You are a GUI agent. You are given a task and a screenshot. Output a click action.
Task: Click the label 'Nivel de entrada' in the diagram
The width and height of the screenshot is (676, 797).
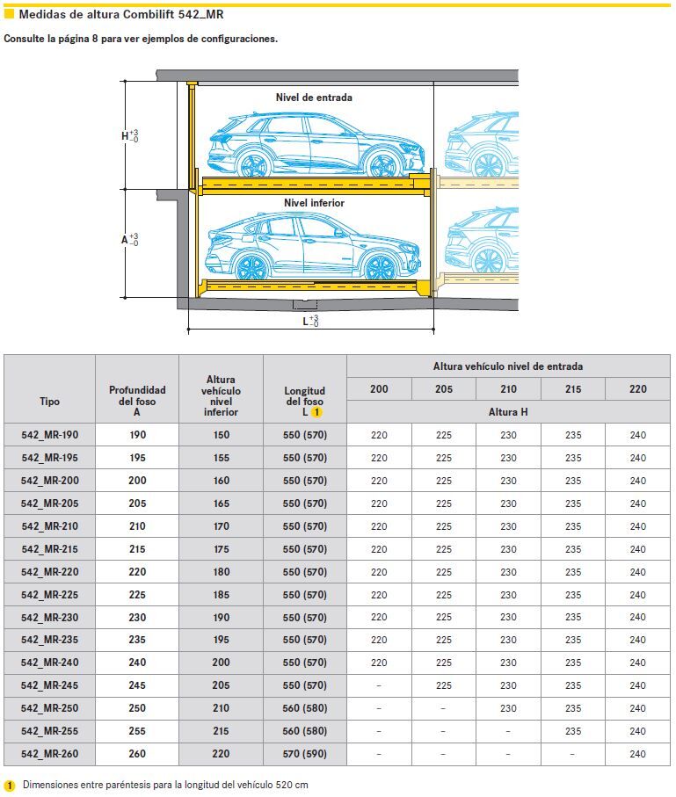314,98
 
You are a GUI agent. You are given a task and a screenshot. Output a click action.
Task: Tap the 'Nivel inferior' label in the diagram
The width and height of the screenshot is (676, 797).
314,203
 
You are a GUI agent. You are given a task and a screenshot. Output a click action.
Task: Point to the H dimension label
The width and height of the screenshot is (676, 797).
129,136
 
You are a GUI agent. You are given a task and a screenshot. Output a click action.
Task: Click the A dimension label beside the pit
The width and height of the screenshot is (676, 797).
129,239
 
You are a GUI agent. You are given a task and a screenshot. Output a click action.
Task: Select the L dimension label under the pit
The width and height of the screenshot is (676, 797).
309,322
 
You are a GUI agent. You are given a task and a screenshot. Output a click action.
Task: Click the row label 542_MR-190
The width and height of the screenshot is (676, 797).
50,435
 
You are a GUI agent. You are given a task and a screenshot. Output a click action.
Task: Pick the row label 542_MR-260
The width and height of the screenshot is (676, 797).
50,754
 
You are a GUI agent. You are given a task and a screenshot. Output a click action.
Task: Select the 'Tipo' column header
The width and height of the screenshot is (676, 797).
50,401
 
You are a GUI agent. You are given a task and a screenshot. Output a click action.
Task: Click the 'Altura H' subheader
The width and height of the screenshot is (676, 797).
508,411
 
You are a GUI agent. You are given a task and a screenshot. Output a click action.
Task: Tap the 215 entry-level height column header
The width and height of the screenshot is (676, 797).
573,388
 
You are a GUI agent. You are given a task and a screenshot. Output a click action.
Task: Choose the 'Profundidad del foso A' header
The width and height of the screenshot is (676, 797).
137,401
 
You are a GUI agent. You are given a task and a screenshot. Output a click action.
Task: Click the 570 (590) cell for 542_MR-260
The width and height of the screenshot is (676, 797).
305,754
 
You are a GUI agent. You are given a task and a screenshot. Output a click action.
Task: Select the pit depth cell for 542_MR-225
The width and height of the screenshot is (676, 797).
137,595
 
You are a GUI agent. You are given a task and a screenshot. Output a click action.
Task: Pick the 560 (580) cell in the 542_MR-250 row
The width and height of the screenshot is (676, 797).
305,708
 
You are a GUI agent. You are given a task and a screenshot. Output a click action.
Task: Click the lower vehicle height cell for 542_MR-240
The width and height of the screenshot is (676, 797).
221,663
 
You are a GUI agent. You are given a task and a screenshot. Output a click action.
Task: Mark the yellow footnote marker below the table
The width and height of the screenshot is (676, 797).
11,785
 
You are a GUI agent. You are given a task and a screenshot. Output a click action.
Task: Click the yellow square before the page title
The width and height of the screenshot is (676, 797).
10,15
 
